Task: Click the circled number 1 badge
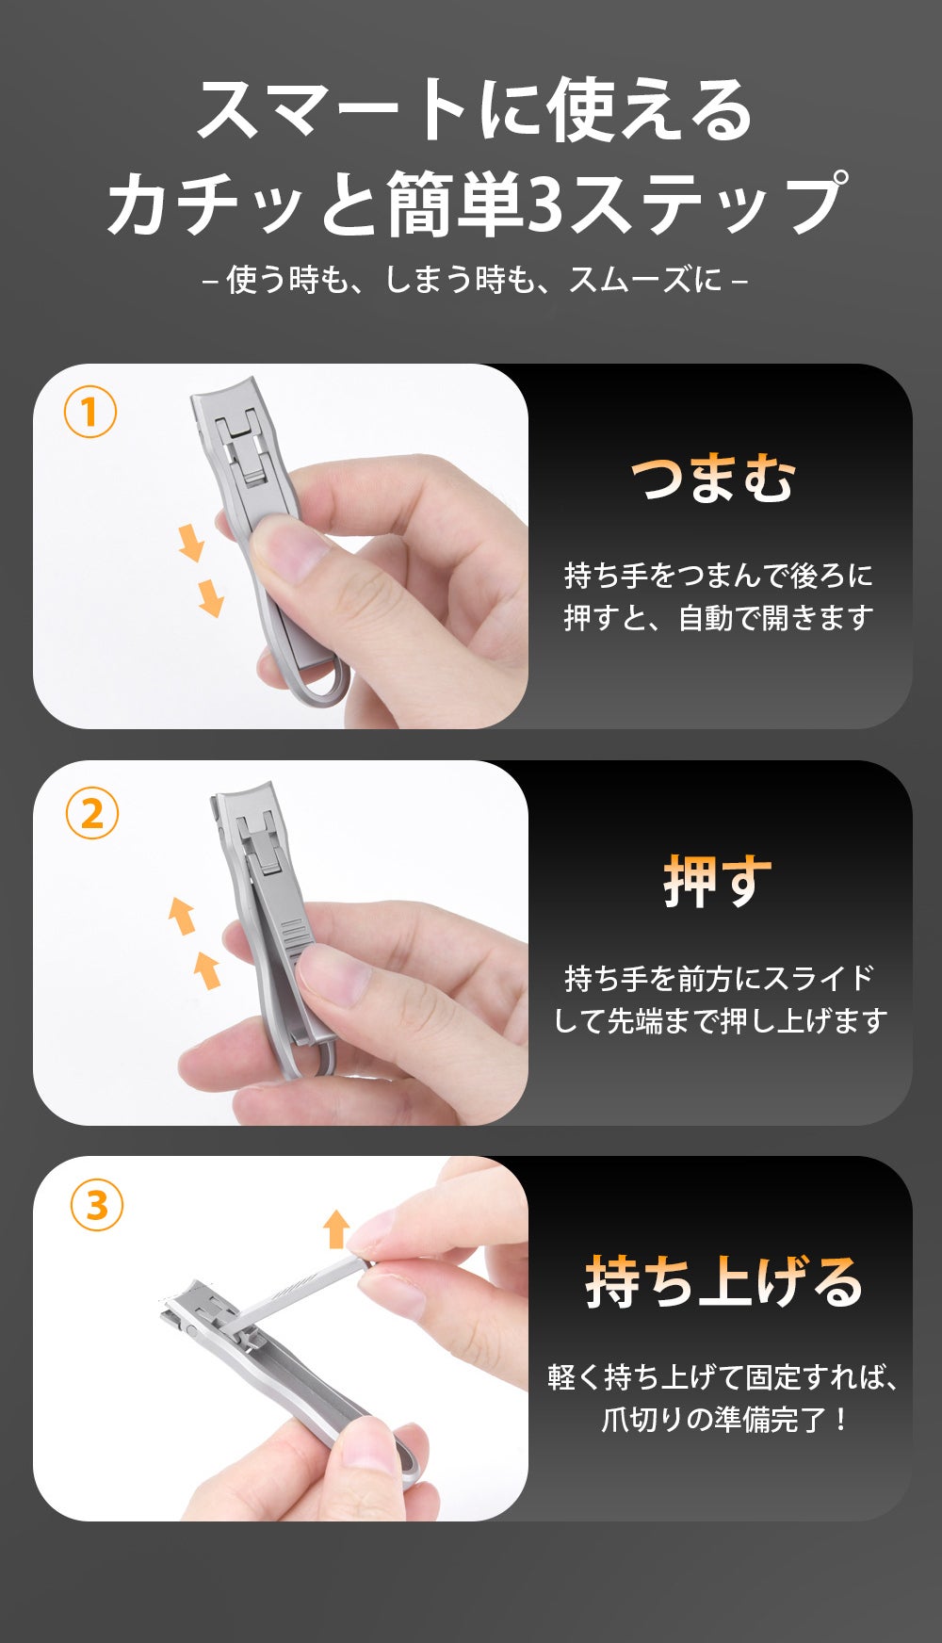(90, 412)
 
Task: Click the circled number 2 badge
(92, 814)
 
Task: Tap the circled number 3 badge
(97, 1205)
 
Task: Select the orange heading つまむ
(713, 479)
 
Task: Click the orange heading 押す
(718, 882)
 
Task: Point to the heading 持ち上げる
(723, 1282)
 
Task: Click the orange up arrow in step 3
(336, 1228)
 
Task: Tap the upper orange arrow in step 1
(191, 544)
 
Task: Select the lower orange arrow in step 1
(211, 598)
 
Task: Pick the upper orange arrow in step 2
(182, 916)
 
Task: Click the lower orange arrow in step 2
(207, 970)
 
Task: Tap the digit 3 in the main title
(545, 203)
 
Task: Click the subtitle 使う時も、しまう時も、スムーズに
(476, 279)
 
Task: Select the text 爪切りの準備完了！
(725, 1419)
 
